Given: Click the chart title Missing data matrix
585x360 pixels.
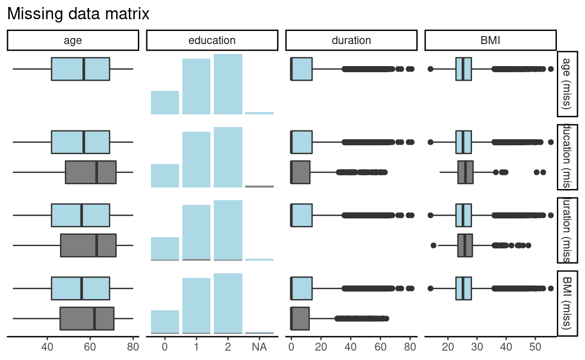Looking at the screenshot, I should tap(78, 14).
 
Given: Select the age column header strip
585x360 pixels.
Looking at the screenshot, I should tap(73, 40).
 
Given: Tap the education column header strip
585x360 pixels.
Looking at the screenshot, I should tap(212, 40).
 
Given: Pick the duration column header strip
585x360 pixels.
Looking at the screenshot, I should tap(351, 40).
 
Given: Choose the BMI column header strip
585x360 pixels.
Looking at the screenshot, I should tap(490, 40).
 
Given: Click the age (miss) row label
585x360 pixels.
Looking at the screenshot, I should tap(567, 83).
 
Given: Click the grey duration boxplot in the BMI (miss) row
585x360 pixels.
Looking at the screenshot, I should tap(300, 318).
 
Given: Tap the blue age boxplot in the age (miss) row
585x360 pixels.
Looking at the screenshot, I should tap(80, 69).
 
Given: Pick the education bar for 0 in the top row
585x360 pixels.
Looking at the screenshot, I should tap(165, 102).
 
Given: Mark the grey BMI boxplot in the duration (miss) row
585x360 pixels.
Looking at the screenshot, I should tap(465, 245).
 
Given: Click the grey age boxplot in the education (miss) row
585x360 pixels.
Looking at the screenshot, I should tap(90, 172).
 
